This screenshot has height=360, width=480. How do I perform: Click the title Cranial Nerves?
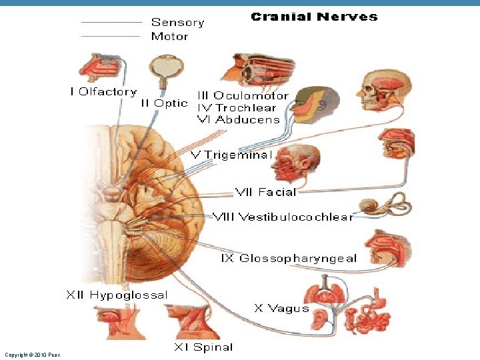(x=314, y=17)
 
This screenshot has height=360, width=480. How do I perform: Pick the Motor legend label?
(x=169, y=36)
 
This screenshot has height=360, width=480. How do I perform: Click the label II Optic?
(x=164, y=103)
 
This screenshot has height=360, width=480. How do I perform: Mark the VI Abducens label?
(x=238, y=120)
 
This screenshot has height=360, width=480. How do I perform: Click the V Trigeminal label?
(x=232, y=155)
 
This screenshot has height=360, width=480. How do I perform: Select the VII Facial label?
(x=265, y=192)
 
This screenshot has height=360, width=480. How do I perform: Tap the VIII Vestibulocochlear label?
(x=283, y=217)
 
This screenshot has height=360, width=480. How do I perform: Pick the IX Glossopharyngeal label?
(x=289, y=258)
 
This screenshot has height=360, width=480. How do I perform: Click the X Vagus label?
(x=282, y=308)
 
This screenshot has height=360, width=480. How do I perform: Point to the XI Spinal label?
(x=203, y=347)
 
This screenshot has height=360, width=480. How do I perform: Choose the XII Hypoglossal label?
(x=117, y=295)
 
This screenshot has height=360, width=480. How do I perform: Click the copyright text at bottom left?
(x=32, y=355)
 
